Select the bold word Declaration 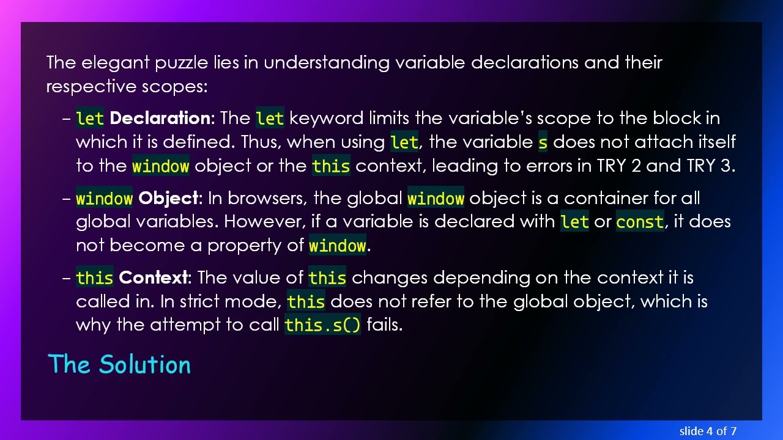point(160,118)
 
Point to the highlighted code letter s point(543,142)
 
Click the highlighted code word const point(640,222)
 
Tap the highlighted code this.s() point(323,325)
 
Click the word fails point(384,325)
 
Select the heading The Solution point(119,364)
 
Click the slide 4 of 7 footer point(707,431)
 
